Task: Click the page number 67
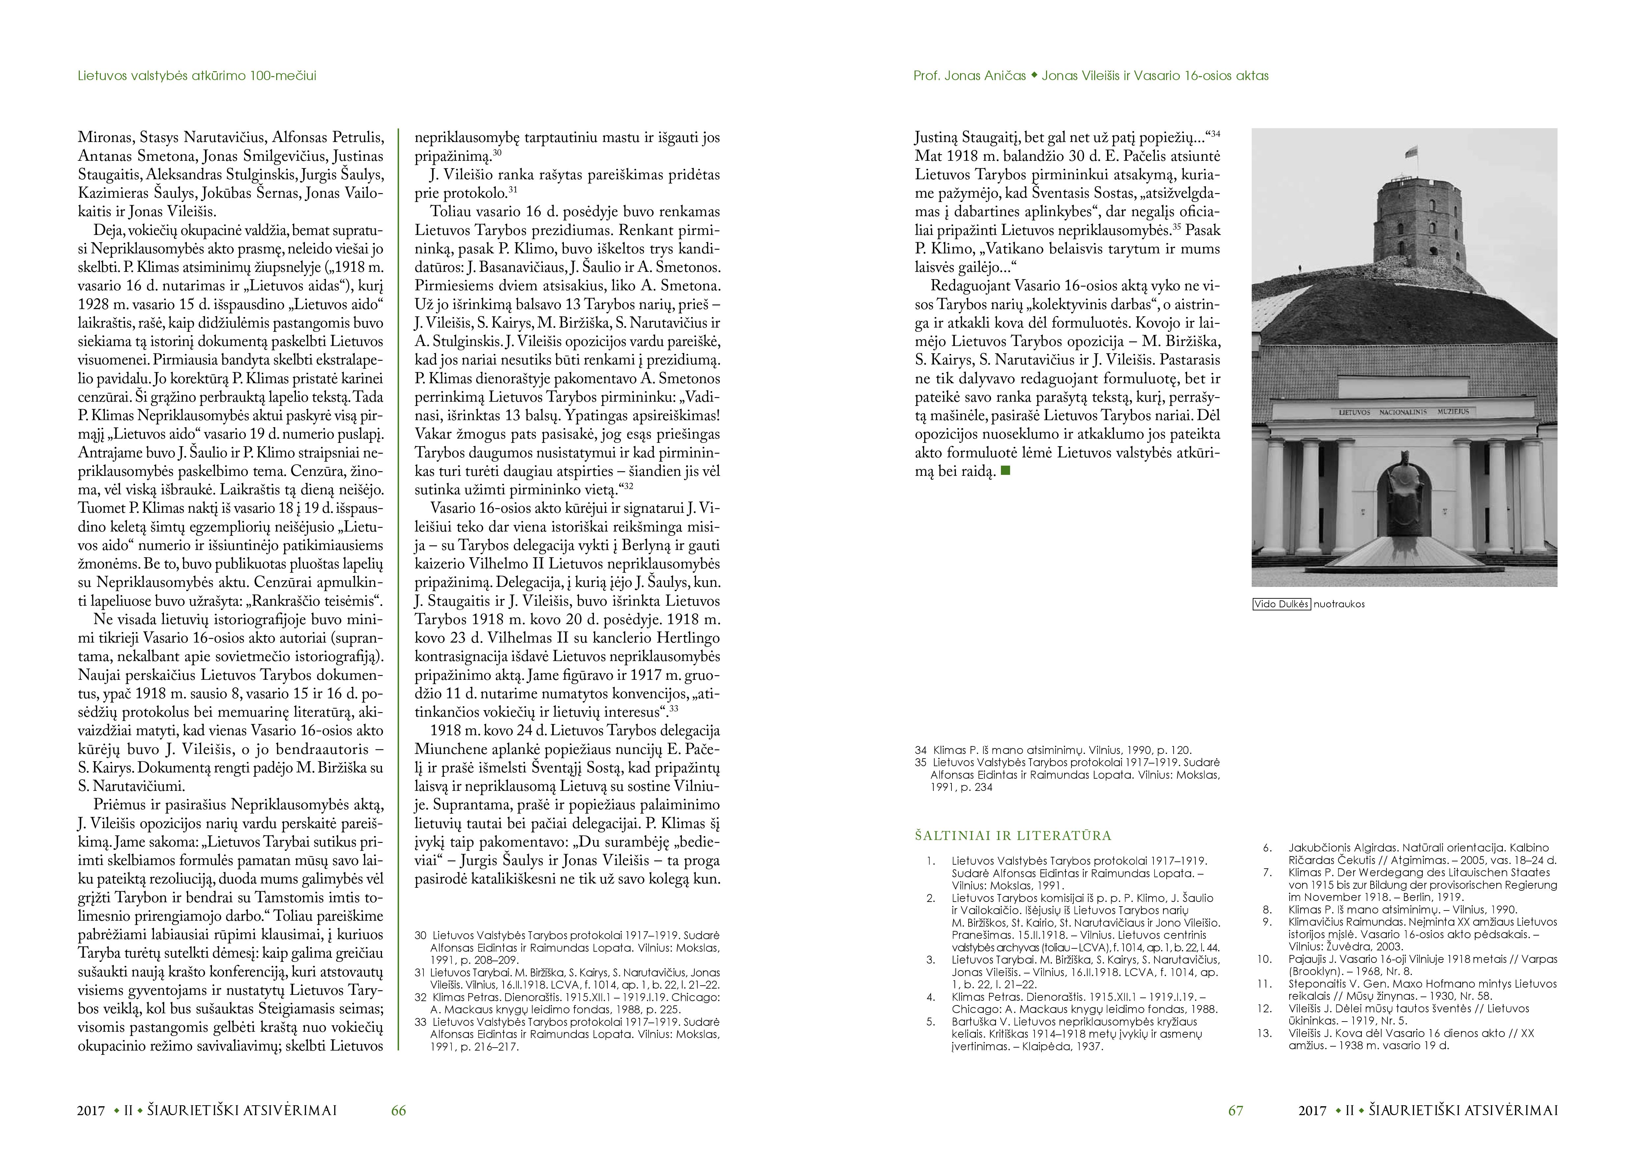click(x=1236, y=1111)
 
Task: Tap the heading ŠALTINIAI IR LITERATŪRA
click(x=1013, y=836)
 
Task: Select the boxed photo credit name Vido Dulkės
click(x=1281, y=604)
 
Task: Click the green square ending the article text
click(x=1006, y=471)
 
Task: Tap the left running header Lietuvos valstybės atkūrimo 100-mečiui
click(x=197, y=75)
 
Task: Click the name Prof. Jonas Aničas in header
click(x=970, y=75)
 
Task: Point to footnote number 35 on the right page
click(x=921, y=762)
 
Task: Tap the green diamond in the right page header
click(x=1034, y=75)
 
